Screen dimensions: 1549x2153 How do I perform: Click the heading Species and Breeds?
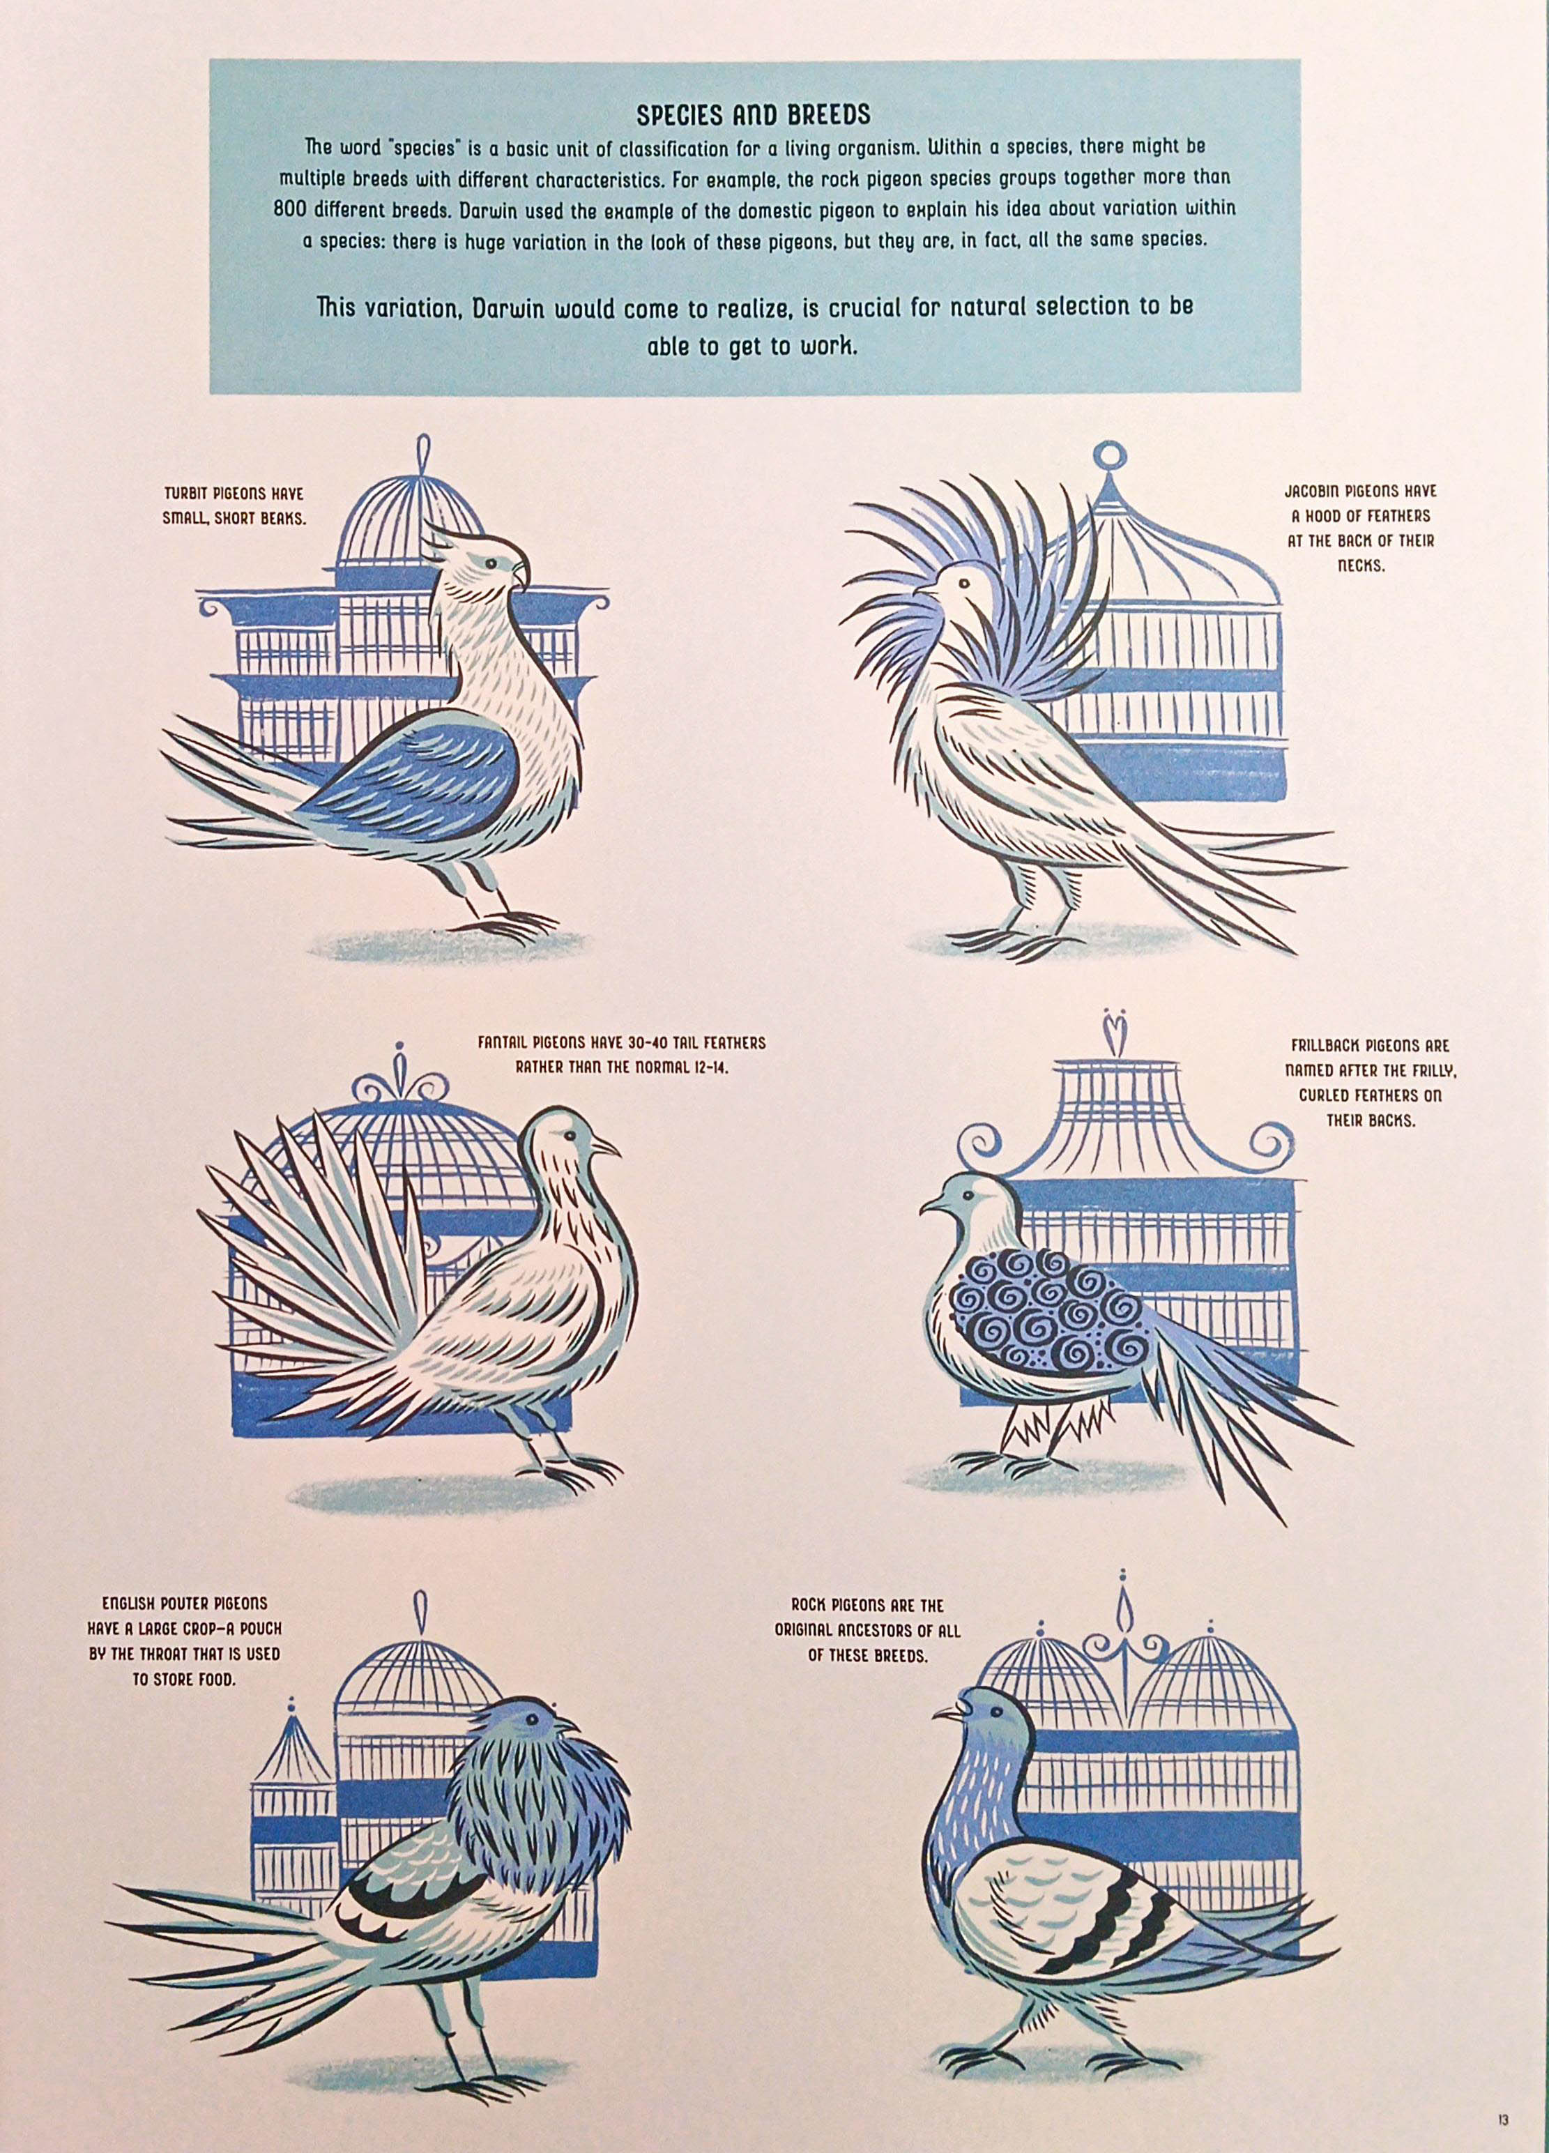[753, 115]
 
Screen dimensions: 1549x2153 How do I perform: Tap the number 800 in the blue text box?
[289, 210]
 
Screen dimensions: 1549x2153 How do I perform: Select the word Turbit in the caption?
[184, 494]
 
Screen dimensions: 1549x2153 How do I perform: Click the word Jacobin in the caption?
[1308, 493]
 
